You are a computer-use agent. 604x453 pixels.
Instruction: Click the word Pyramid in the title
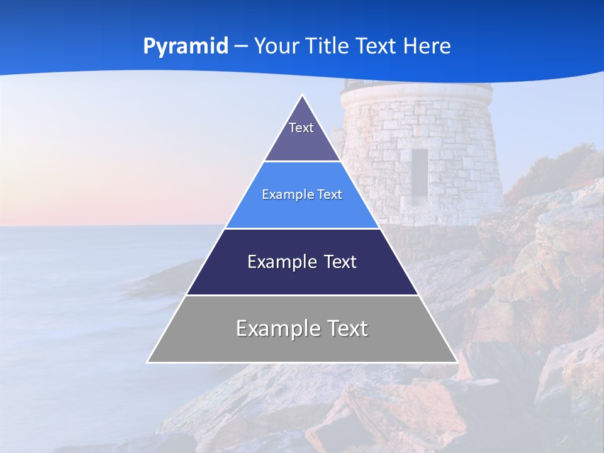point(186,47)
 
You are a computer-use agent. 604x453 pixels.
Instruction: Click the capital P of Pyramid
point(149,46)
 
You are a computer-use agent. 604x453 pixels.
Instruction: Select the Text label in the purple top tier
point(301,128)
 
